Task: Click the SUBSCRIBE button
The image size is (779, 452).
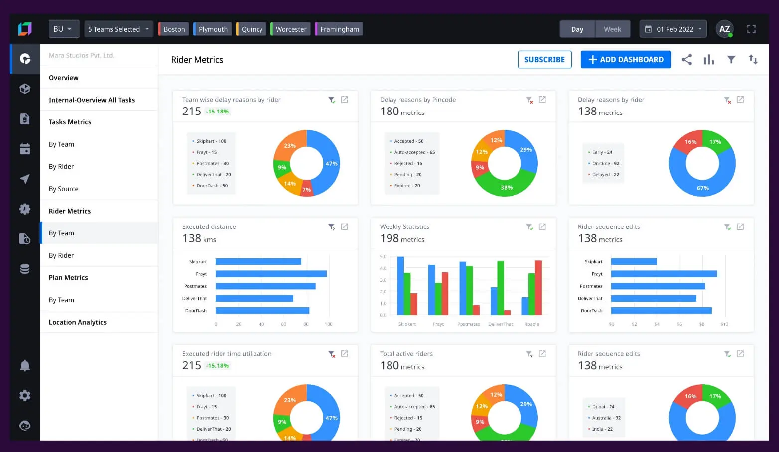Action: click(544, 60)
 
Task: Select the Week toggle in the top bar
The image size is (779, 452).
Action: click(612, 29)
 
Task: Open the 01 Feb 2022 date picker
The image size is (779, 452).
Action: click(673, 29)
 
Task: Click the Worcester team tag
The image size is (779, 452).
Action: click(291, 29)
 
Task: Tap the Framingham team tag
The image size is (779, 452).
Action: click(339, 29)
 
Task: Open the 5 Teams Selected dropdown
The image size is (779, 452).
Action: click(119, 29)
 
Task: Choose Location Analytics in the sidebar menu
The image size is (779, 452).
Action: click(78, 322)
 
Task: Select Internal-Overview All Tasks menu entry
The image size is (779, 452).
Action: click(92, 100)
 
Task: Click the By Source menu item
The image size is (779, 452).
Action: click(64, 189)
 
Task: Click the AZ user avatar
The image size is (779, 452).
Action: click(724, 29)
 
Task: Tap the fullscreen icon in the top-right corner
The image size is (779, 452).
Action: click(751, 29)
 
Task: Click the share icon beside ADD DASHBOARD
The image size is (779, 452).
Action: click(687, 60)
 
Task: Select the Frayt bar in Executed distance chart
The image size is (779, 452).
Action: click(270, 274)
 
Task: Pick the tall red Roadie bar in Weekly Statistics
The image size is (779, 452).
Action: click(538, 287)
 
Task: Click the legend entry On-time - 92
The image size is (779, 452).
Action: click(605, 163)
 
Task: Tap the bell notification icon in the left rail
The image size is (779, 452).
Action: click(25, 366)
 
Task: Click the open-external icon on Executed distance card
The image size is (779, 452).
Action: click(344, 227)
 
